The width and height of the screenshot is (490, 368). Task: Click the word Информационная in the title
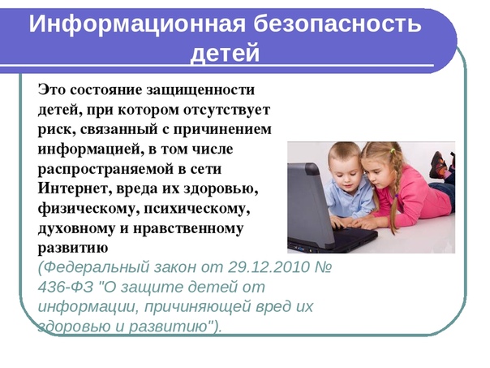click(x=137, y=24)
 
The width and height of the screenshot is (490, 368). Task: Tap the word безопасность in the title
click(x=337, y=24)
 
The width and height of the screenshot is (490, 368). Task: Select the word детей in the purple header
click(x=225, y=53)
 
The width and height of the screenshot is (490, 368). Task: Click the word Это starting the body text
click(x=52, y=90)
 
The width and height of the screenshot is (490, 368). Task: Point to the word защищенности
click(x=200, y=90)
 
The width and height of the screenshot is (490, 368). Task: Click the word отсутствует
click(x=226, y=110)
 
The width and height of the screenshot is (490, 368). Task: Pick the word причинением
click(x=222, y=130)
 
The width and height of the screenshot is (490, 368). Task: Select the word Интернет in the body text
click(x=75, y=188)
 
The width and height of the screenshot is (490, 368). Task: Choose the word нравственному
click(x=188, y=228)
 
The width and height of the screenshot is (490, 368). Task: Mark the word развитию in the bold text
click(x=73, y=248)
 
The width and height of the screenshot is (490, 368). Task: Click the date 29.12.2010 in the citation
click(x=269, y=267)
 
